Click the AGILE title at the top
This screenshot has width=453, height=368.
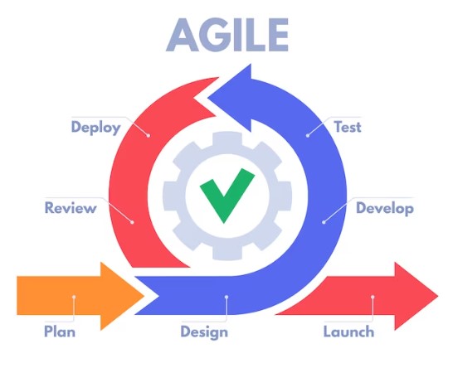click(227, 35)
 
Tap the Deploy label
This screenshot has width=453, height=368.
click(96, 128)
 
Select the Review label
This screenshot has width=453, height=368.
click(71, 208)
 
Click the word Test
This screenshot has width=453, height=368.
click(348, 127)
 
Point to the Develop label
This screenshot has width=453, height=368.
click(384, 208)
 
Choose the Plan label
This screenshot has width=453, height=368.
click(60, 331)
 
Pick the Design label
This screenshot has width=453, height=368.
click(204, 332)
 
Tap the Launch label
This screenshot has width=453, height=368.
click(348, 332)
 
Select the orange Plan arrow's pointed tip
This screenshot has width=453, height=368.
click(144, 296)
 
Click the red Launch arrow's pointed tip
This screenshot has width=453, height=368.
click(438, 296)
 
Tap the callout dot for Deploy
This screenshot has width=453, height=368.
click(149, 135)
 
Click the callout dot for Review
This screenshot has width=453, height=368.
click(132, 222)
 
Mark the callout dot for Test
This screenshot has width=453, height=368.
click(308, 135)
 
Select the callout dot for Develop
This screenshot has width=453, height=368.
click(324, 222)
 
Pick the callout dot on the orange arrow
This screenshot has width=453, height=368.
click(74, 297)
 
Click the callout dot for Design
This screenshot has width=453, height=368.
click(226, 297)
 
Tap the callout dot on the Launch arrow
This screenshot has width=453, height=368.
click(373, 297)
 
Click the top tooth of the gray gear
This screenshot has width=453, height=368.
click(227, 138)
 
